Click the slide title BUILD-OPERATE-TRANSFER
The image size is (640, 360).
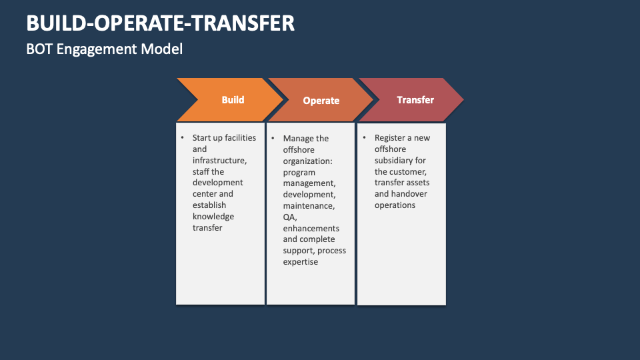(x=160, y=23)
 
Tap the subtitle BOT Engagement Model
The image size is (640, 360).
(x=105, y=49)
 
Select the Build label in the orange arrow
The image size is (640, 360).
(x=233, y=100)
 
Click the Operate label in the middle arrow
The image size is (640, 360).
(x=321, y=101)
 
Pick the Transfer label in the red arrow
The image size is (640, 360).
(x=415, y=100)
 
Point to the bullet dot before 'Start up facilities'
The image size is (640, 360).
(x=183, y=137)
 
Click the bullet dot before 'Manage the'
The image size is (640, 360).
(x=273, y=138)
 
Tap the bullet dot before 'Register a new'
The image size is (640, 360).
(x=365, y=137)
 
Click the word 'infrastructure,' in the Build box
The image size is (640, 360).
(x=219, y=161)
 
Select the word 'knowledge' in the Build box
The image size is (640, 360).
(x=213, y=217)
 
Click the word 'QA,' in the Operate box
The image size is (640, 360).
(x=290, y=217)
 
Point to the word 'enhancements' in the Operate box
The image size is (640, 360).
(x=311, y=228)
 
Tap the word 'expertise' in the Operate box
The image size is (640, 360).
(x=301, y=262)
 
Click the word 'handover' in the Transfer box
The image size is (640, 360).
(x=409, y=194)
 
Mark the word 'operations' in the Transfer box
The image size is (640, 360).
(x=395, y=205)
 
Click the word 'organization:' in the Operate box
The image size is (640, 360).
(x=308, y=161)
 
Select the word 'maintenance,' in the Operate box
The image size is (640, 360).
(x=309, y=206)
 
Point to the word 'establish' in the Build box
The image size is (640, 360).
(x=209, y=205)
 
